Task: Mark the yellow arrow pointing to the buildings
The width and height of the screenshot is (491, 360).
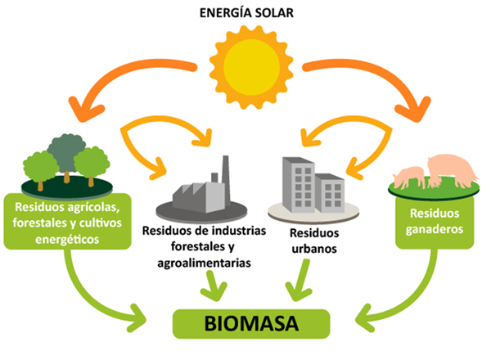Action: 336,135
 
